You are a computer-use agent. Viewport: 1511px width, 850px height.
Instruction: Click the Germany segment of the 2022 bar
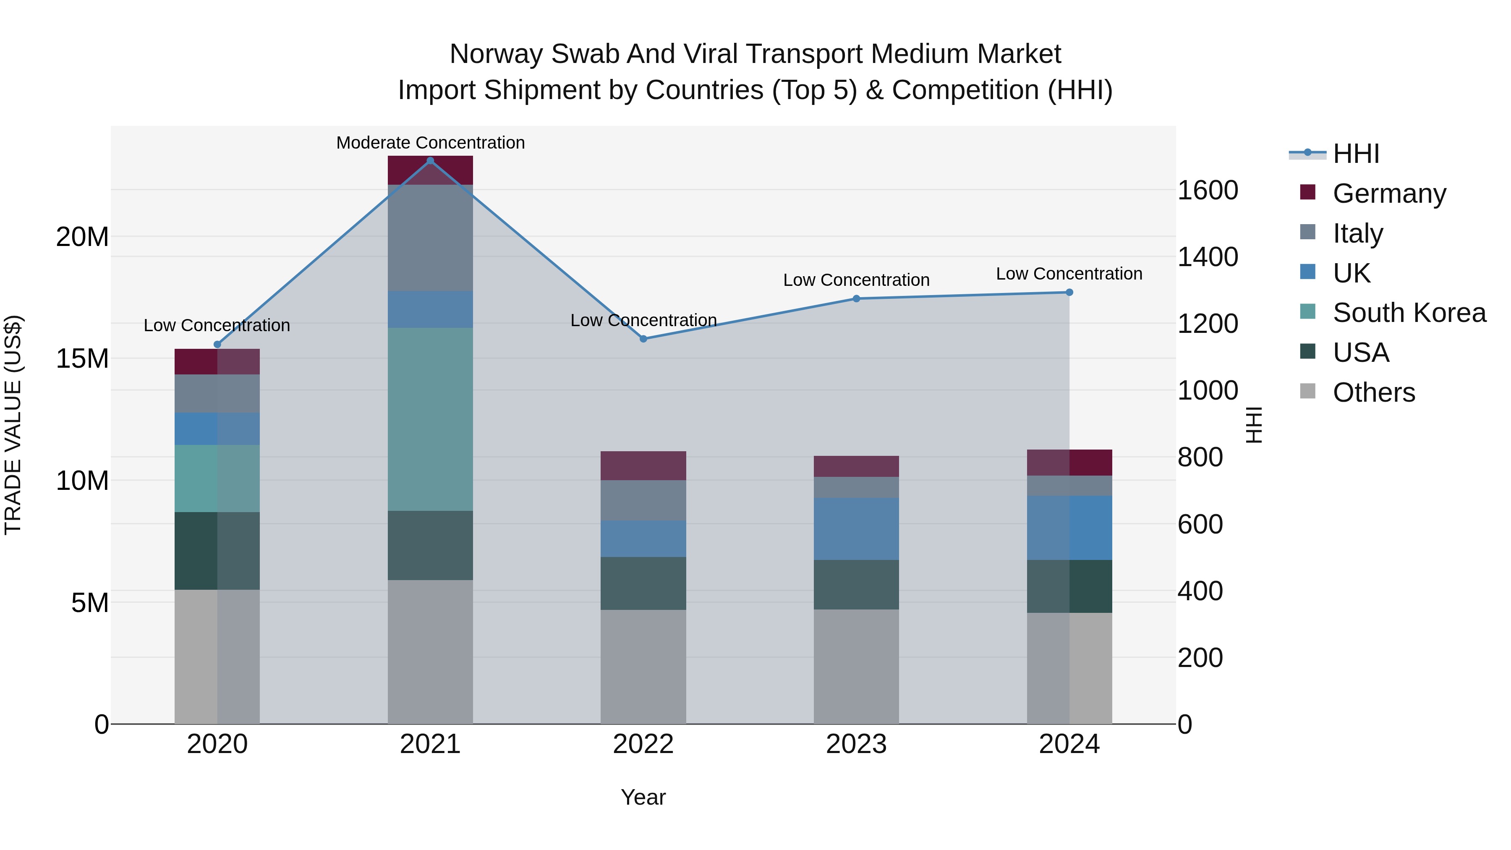(x=643, y=466)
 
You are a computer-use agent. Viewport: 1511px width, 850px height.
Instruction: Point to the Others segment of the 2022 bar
(x=643, y=667)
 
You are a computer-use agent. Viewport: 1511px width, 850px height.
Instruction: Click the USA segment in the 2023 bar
(x=856, y=584)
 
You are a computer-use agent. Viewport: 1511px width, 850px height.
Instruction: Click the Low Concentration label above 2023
(x=856, y=280)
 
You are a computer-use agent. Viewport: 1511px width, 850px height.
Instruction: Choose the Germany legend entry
(x=1389, y=193)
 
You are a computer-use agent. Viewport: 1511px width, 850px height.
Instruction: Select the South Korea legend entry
(x=1409, y=313)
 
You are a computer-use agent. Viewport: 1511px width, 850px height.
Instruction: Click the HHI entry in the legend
(x=1356, y=154)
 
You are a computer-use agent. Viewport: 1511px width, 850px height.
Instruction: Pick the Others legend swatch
(x=1307, y=391)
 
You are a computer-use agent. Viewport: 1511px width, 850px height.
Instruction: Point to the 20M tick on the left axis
(x=82, y=237)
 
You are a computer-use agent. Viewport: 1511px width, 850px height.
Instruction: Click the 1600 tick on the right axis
(x=1207, y=190)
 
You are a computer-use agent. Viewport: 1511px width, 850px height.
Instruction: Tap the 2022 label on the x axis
(x=643, y=744)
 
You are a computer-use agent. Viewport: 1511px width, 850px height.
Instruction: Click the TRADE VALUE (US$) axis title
(x=13, y=425)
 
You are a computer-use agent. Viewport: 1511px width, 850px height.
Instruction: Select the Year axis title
(x=643, y=797)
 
